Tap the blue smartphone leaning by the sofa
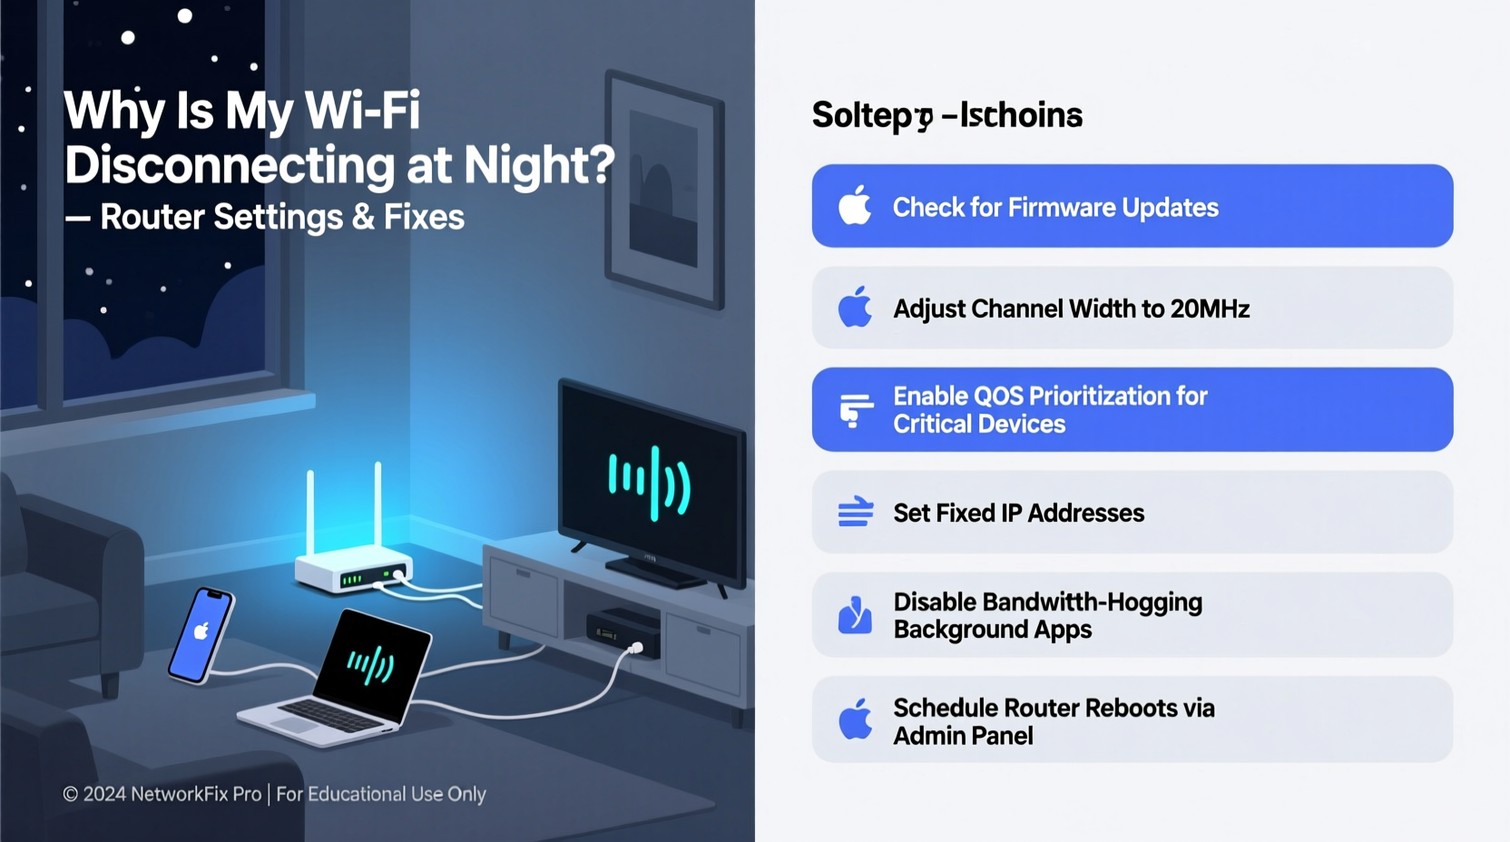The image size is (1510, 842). click(x=201, y=634)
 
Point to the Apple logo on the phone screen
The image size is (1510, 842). click(x=201, y=630)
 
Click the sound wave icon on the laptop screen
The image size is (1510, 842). click(x=370, y=665)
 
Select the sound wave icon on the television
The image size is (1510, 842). click(x=650, y=484)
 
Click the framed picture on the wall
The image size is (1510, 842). click(x=665, y=189)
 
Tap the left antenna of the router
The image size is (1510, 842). click(x=310, y=513)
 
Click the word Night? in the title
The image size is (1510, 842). click(x=539, y=165)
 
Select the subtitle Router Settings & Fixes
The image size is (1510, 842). click(x=282, y=217)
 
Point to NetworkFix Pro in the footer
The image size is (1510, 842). click(x=196, y=794)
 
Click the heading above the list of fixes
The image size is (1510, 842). click(x=946, y=115)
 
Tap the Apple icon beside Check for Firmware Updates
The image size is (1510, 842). click(x=855, y=206)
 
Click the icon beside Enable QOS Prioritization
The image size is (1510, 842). click(x=855, y=410)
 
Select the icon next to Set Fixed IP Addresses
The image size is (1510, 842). click(x=855, y=513)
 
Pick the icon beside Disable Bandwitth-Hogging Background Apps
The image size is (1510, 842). click(x=855, y=615)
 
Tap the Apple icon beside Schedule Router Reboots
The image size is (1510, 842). click(x=855, y=720)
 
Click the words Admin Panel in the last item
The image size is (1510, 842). click(x=963, y=736)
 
